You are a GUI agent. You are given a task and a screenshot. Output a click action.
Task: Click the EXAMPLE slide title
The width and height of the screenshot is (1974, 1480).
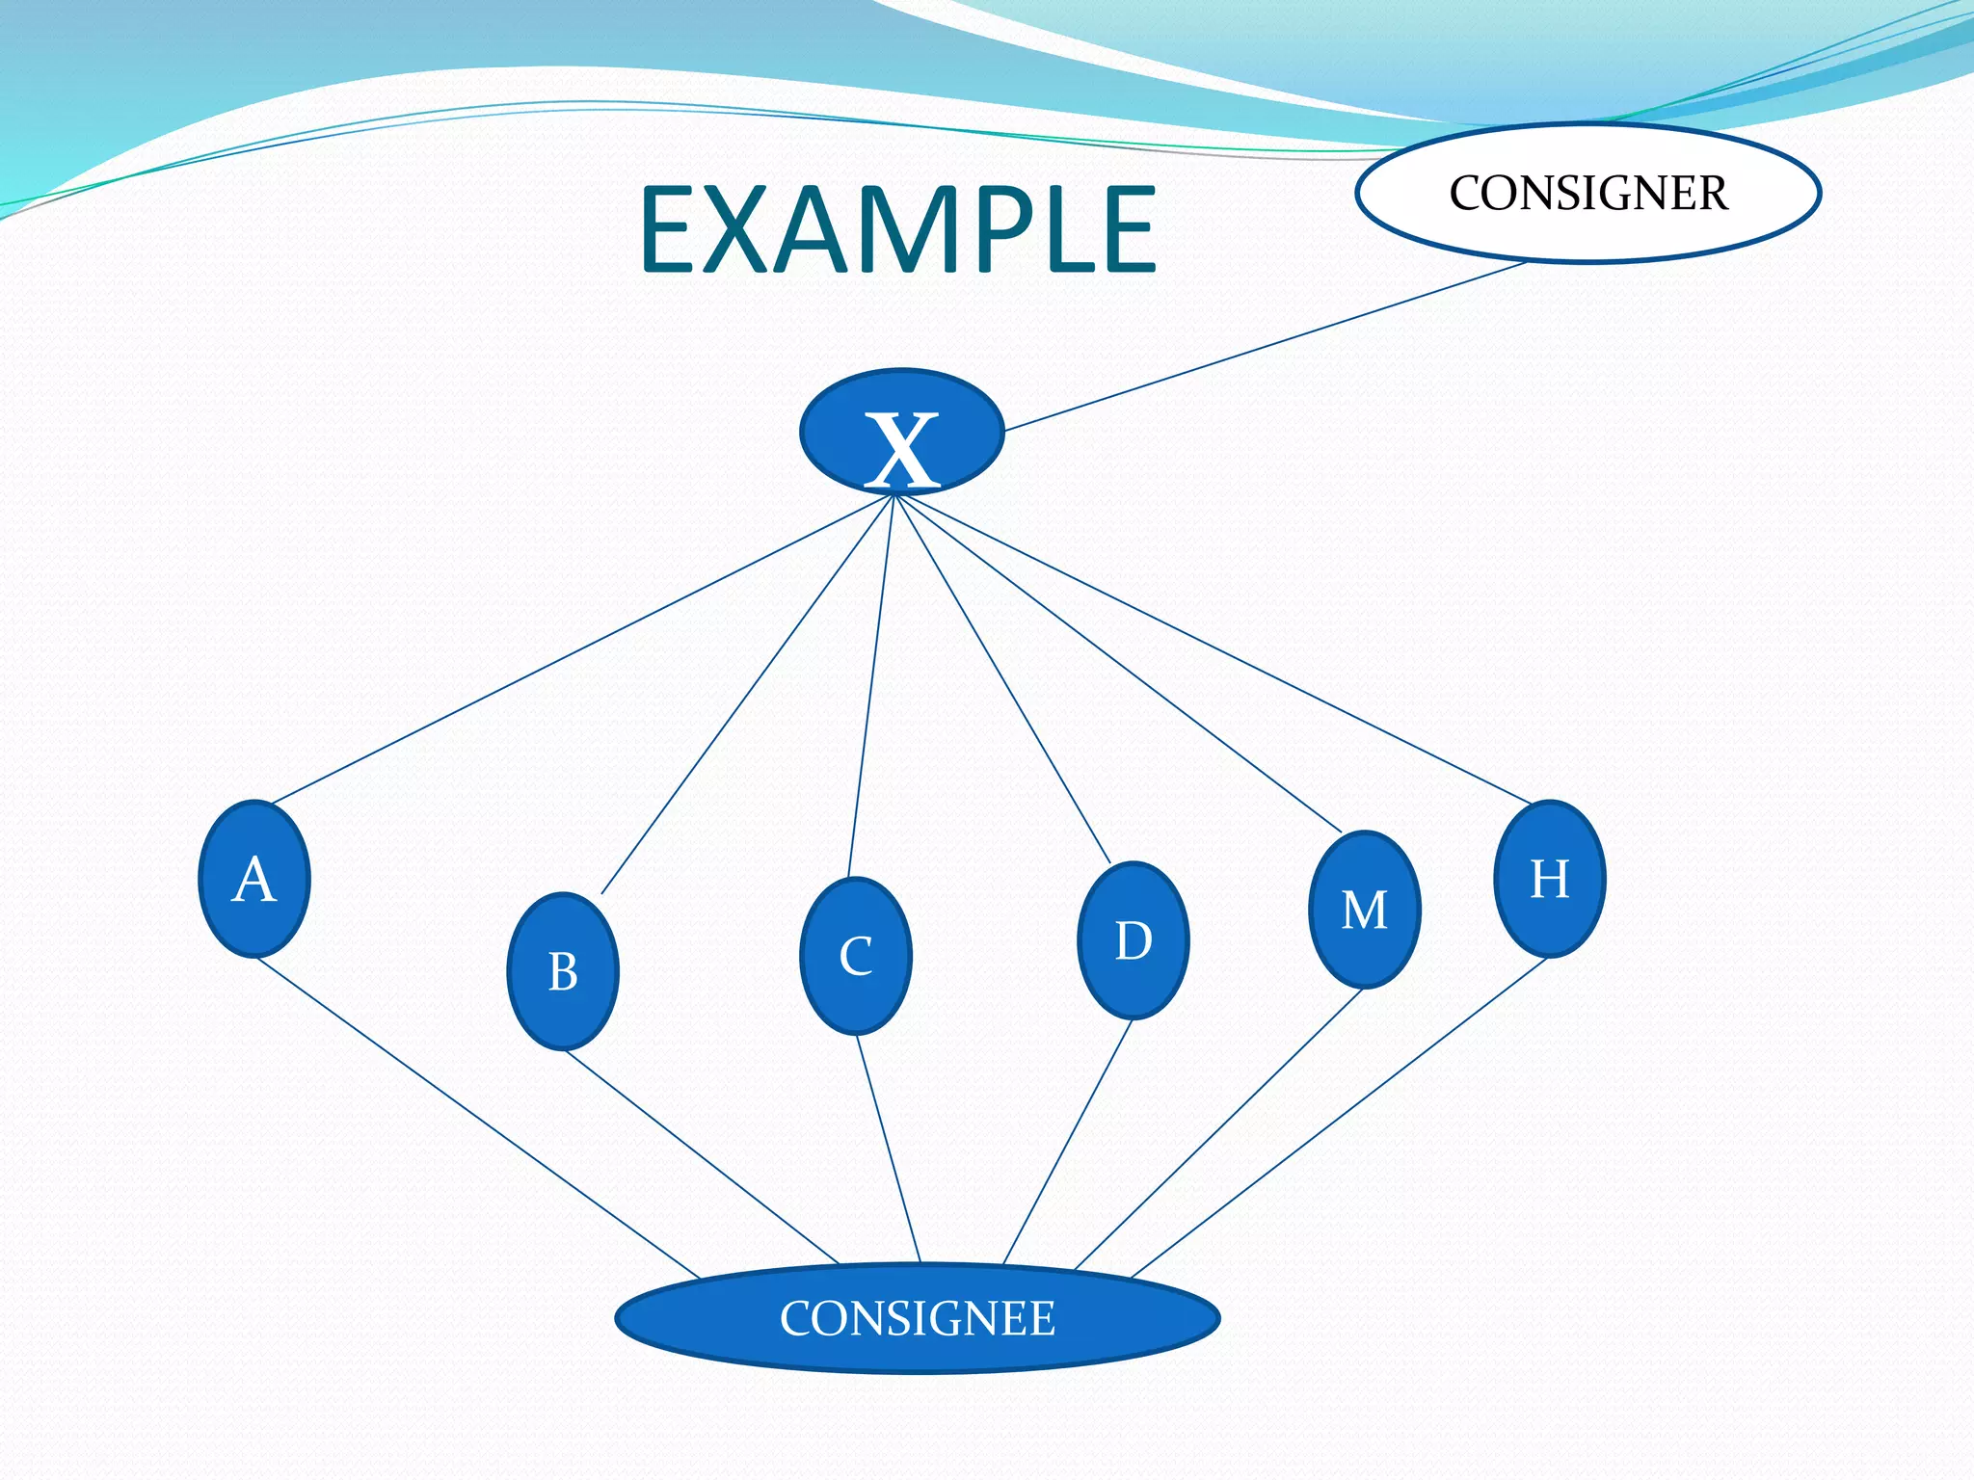coord(897,229)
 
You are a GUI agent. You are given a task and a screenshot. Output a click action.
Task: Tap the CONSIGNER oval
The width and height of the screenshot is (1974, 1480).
coord(1587,193)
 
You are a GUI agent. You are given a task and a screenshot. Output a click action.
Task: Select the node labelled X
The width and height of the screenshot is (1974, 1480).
coord(902,433)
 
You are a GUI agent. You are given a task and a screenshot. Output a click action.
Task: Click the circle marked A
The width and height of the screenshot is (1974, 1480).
coord(254,879)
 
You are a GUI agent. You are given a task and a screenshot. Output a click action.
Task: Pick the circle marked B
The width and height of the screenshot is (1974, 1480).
coord(563,971)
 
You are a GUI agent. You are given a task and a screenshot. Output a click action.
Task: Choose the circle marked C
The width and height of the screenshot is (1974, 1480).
coord(856,956)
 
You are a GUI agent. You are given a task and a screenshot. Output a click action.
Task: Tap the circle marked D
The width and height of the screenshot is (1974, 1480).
coord(1134,940)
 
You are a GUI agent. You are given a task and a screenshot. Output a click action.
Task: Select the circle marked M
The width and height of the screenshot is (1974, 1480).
coord(1365,910)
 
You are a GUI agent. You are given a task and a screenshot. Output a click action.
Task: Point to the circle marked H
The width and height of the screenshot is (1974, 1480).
coord(1550,879)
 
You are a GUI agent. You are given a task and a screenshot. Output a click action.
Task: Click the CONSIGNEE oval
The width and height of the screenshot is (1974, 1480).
coord(918,1318)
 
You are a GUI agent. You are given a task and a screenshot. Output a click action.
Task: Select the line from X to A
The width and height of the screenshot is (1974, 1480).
coord(583,648)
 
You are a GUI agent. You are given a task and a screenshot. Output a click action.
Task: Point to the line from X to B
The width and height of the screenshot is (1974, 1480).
coord(748,694)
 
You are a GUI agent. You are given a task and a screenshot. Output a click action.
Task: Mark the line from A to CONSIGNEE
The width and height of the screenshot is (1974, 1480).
coord(478,1119)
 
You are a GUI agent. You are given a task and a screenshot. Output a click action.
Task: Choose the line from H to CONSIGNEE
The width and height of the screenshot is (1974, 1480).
coord(1340,1119)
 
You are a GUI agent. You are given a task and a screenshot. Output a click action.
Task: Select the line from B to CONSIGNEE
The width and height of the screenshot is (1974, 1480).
coord(702,1157)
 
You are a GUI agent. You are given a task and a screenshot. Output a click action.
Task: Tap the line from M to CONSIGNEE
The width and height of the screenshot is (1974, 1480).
coord(1218,1129)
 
